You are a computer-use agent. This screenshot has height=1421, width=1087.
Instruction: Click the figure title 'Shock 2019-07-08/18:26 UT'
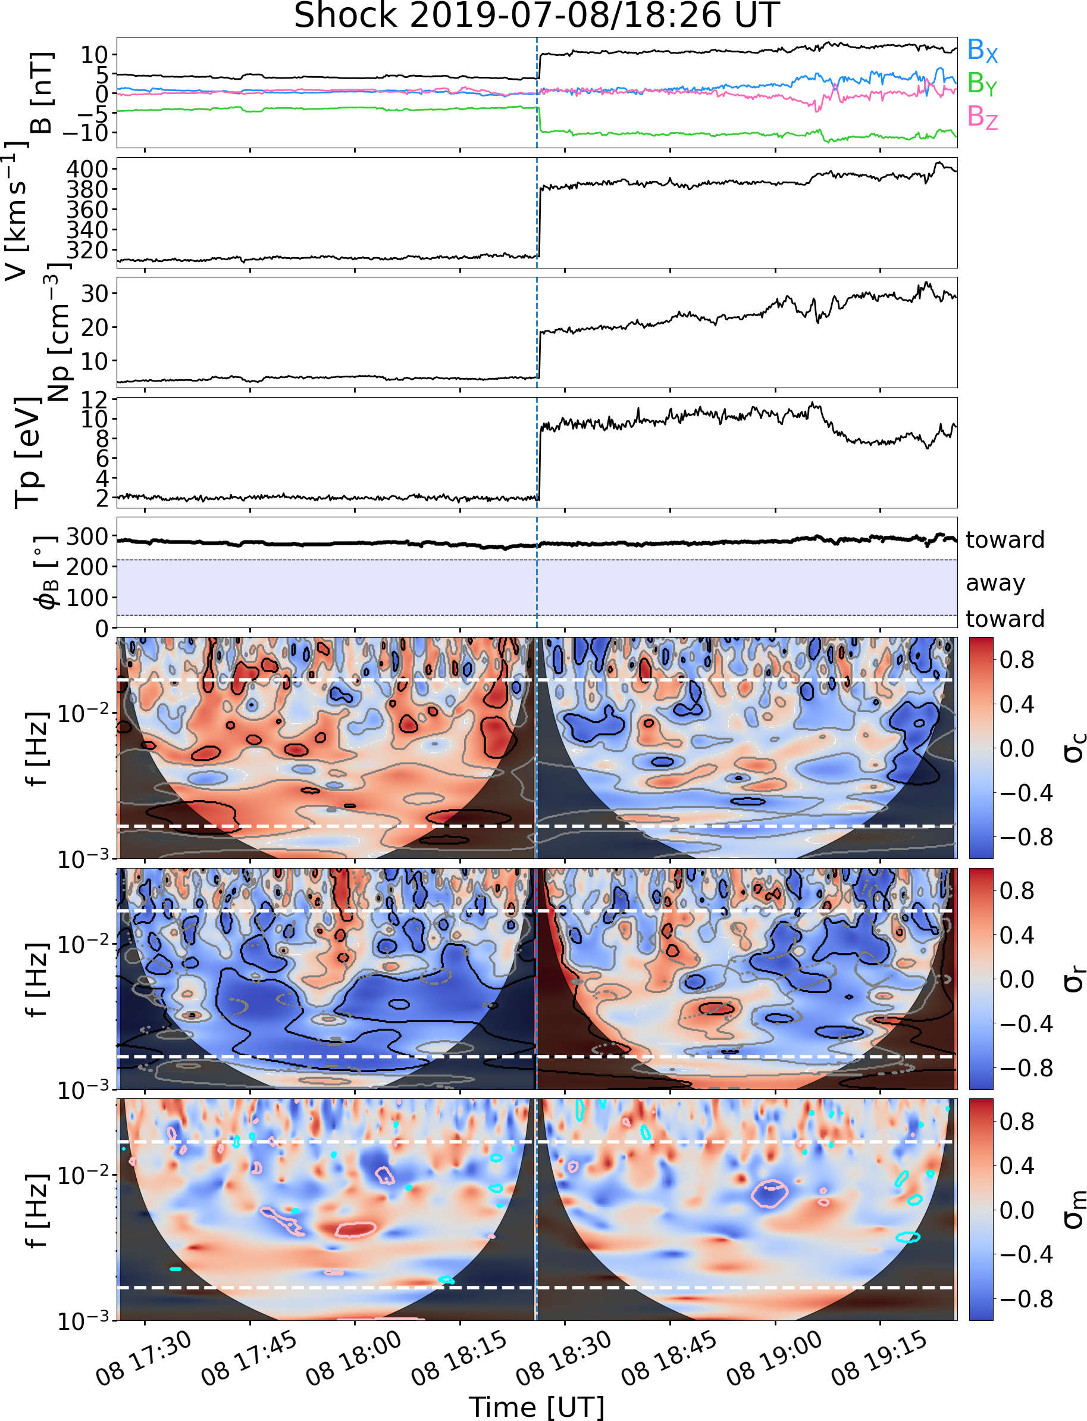click(x=537, y=15)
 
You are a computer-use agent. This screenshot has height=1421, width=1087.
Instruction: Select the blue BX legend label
click(x=982, y=51)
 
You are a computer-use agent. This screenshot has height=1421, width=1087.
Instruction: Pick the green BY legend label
click(x=982, y=83)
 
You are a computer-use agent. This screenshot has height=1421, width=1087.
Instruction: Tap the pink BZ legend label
click(x=982, y=117)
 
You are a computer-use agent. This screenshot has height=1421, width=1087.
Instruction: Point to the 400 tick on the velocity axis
click(x=87, y=170)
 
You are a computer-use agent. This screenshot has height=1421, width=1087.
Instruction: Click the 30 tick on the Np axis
click(x=94, y=294)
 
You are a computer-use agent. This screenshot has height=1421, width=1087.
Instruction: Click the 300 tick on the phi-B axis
click(x=87, y=537)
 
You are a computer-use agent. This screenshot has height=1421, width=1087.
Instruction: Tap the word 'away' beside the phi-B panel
click(x=995, y=583)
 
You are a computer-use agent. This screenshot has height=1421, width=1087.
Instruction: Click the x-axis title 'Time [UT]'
click(x=537, y=1406)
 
